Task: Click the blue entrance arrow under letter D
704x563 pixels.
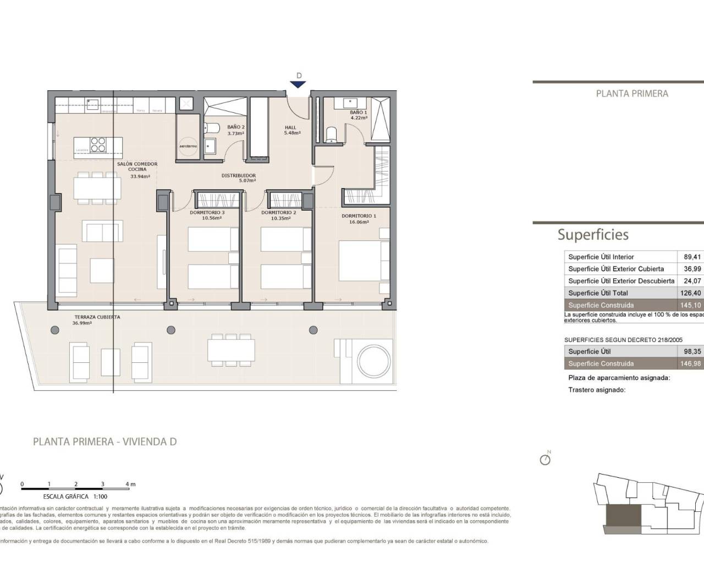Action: [298, 84]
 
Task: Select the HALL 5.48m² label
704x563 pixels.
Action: [291, 130]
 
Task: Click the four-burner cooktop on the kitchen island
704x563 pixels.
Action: [98, 144]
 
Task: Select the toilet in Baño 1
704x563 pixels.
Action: [331, 135]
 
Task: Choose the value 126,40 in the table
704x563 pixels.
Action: [690, 293]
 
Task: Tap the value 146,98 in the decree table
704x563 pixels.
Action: [690, 363]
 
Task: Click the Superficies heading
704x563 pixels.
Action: [593, 235]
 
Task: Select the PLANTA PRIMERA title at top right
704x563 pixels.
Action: [632, 93]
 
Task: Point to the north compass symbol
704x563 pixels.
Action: [545, 459]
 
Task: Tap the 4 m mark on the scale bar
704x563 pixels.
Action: [130, 484]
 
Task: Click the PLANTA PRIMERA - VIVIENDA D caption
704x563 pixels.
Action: [105, 441]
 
